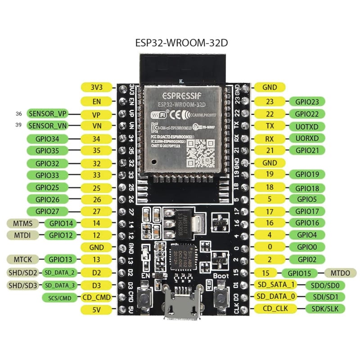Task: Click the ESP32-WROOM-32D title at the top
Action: (x=184, y=43)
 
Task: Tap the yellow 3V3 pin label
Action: (x=96, y=87)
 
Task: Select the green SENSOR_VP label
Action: (x=47, y=113)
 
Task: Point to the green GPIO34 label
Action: (x=47, y=138)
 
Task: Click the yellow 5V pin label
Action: (x=96, y=310)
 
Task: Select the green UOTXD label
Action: (x=307, y=126)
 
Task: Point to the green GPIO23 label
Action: (x=307, y=102)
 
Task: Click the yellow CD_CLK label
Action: (x=276, y=308)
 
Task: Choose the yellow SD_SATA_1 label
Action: (x=276, y=284)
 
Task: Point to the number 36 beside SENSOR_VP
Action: (x=18, y=113)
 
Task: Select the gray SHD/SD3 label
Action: (x=23, y=285)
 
